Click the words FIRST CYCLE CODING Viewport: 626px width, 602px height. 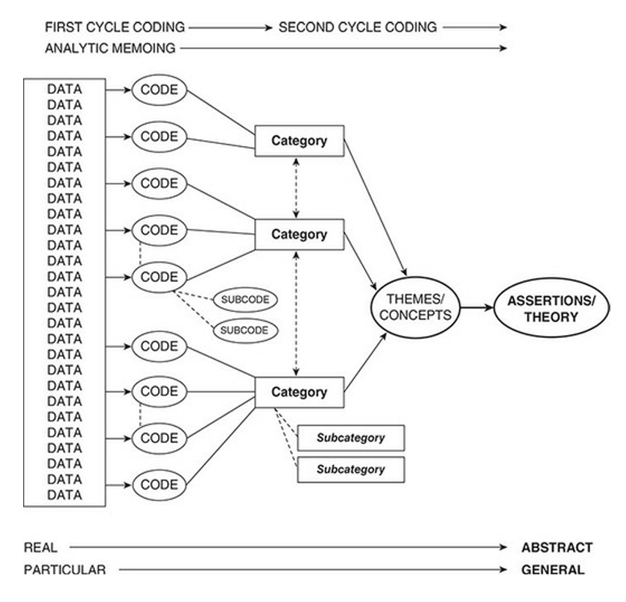tap(114, 28)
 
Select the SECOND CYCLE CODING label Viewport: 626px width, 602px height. tap(357, 28)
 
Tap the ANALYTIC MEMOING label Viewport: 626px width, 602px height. tap(110, 49)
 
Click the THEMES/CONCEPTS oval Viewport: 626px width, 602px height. tap(414, 307)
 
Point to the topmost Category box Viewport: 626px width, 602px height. tap(299, 141)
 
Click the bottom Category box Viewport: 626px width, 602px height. tap(299, 392)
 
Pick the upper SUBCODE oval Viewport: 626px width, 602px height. tap(244, 300)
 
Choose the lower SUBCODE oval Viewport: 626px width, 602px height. tap(244, 329)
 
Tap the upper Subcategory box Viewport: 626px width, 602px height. tap(350, 438)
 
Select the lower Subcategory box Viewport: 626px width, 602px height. tap(350, 469)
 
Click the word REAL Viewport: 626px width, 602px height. tap(40, 548)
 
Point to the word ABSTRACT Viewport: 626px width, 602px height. tap(557, 548)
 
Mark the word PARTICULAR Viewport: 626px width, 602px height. tap(65, 571)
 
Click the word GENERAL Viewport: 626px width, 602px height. tap(553, 571)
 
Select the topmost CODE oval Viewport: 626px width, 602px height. tap(159, 90)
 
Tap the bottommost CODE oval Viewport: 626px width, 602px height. tap(159, 484)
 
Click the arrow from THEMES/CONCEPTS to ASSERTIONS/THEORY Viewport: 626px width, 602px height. tap(475, 307)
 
